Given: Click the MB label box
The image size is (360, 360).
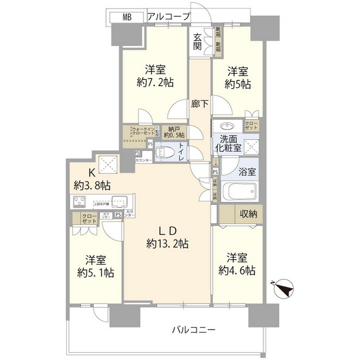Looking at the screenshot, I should (x=127, y=17).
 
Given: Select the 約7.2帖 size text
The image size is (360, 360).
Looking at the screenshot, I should (x=155, y=82).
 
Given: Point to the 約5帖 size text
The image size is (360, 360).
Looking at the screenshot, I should (x=238, y=85).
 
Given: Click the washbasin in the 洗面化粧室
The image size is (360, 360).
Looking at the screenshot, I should (x=228, y=125).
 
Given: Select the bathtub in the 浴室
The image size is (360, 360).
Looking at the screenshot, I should (x=240, y=192).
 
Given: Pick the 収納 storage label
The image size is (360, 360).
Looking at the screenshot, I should (x=248, y=213).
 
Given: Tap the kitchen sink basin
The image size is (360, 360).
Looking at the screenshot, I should (x=120, y=201).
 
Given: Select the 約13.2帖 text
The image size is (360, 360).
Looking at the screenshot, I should (x=167, y=244).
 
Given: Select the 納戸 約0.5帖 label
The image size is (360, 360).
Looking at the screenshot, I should (x=173, y=132).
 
